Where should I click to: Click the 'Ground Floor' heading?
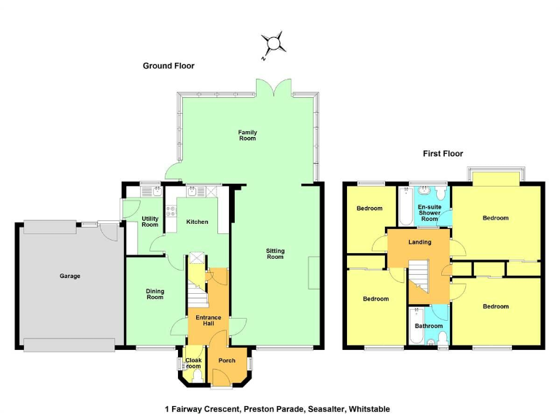click(x=168, y=66)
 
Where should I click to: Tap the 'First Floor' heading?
click(x=443, y=154)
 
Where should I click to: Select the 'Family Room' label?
click(x=248, y=135)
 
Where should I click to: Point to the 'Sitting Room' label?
click(x=275, y=254)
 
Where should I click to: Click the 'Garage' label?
click(x=70, y=276)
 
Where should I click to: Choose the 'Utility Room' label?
click(x=150, y=222)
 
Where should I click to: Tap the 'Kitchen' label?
click(x=197, y=222)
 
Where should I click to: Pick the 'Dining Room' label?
click(x=155, y=295)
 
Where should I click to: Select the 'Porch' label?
click(x=227, y=361)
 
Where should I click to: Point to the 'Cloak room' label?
click(x=193, y=363)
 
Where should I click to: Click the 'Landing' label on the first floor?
click(x=420, y=242)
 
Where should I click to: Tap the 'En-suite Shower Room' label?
click(x=429, y=213)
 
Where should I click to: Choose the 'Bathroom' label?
click(x=429, y=326)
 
